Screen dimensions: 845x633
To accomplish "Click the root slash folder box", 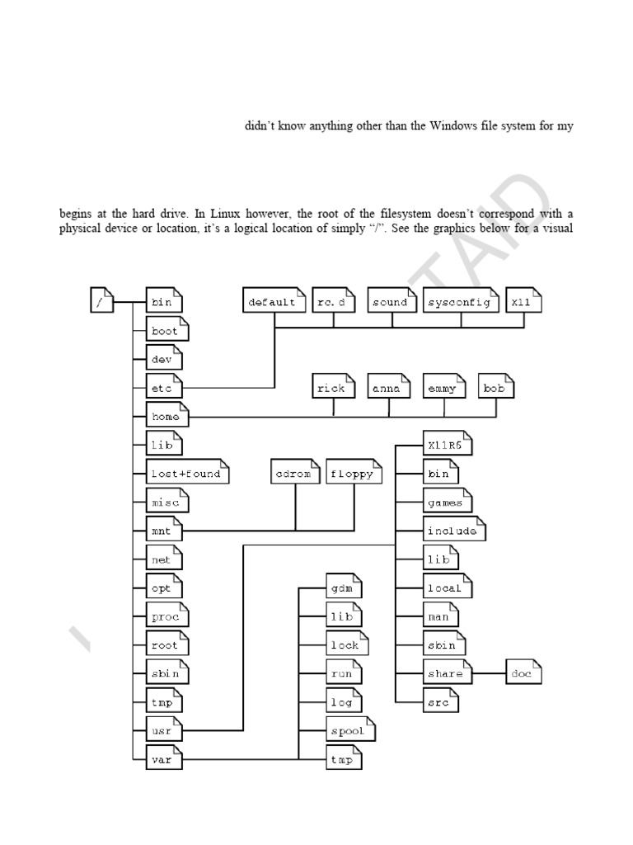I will coord(100,302).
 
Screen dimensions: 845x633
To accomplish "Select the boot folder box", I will coord(165,331).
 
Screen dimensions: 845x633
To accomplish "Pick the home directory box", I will coord(165,417).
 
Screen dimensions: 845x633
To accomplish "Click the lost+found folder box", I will coord(186,474).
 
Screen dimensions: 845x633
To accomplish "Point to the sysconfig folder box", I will coord(462,302).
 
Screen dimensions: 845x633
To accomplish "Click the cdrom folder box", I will coord(295,474).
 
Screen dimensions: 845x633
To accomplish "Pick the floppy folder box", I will coord(354,474).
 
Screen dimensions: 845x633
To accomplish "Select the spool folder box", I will coord(349,731).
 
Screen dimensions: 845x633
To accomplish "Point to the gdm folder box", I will coord(343,588).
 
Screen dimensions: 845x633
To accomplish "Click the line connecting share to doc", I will coord(487,674).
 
